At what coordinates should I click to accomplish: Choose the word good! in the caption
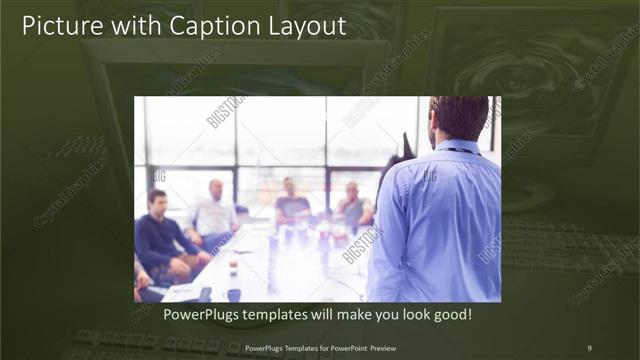(x=450, y=315)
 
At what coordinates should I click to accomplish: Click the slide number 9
(x=589, y=348)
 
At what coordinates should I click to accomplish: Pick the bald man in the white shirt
(x=213, y=213)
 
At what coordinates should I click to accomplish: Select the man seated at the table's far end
(x=291, y=203)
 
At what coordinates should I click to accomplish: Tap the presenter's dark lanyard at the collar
(x=455, y=150)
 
